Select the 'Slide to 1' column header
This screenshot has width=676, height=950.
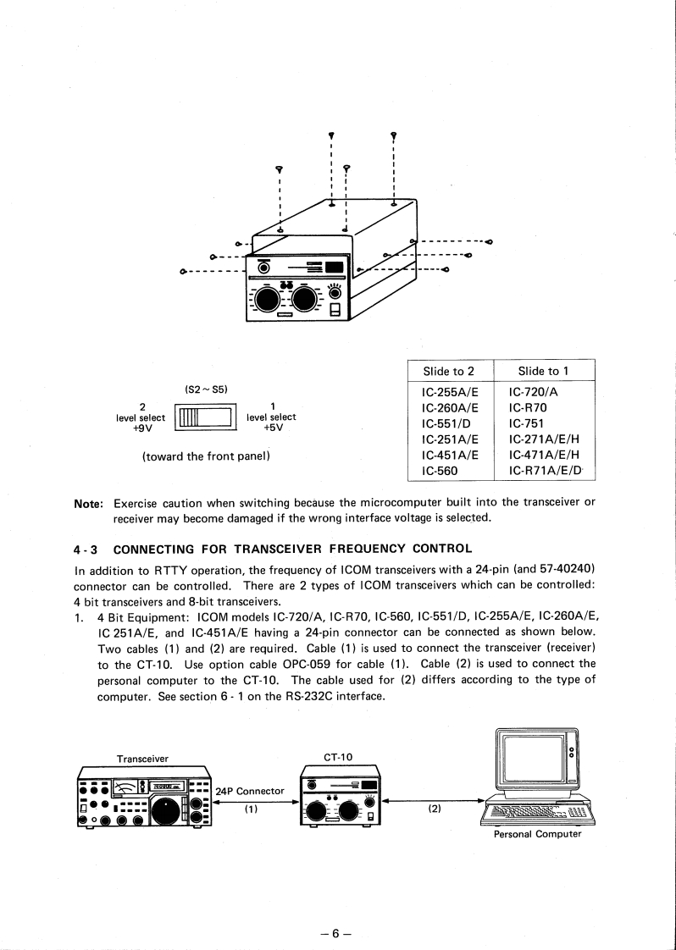click(543, 371)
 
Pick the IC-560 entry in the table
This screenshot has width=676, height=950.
click(440, 471)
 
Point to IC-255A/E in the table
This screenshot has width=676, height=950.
click(450, 392)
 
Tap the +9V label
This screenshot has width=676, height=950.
click(141, 428)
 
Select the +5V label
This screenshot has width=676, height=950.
click(272, 428)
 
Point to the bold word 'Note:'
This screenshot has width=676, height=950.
click(89, 502)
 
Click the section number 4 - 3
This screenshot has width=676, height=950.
click(88, 547)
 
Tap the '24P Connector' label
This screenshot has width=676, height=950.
click(250, 792)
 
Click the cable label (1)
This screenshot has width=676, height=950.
click(251, 809)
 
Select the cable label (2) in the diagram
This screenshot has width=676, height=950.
click(434, 809)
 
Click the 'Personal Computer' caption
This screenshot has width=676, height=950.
click(537, 834)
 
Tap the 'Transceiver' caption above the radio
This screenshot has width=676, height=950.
click(142, 759)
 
